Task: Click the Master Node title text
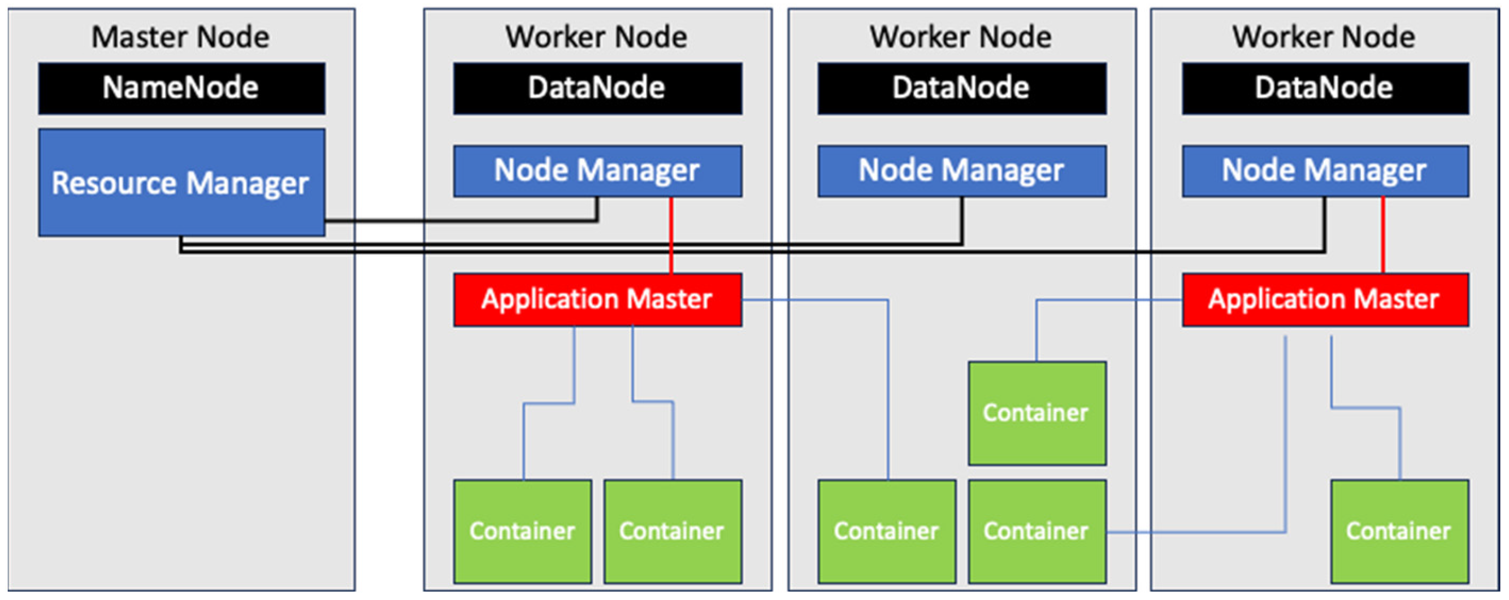pyautogui.click(x=180, y=37)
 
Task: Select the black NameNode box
pyautogui.click(x=181, y=88)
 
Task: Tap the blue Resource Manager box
pyautogui.click(x=181, y=182)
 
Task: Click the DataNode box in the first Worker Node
pyautogui.click(x=597, y=88)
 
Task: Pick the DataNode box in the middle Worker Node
pyautogui.click(x=962, y=88)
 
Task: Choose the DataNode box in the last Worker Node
pyautogui.click(x=1325, y=88)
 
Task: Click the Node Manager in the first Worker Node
pyautogui.click(x=597, y=171)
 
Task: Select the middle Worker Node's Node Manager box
pyautogui.click(x=962, y=171)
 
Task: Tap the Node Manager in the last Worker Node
pyautogui.click(x=1325, y=171)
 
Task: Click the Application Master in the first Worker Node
pyautogui.click(x=597, y=299)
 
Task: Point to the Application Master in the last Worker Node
pyautogui.click(x=1325, y=299)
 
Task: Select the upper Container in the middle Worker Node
pyautogui.click(x=1037, y=413)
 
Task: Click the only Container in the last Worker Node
pyautogui.click(x=1400, y=532)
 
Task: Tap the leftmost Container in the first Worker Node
pyautogui.click(x=523, y=532)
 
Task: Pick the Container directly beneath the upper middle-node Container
pyautogui.click(x=1037, y=532)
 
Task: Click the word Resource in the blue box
pyautogui.click(x=114, y=182)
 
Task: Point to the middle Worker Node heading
pyautogui.click(x=961, y=37)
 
